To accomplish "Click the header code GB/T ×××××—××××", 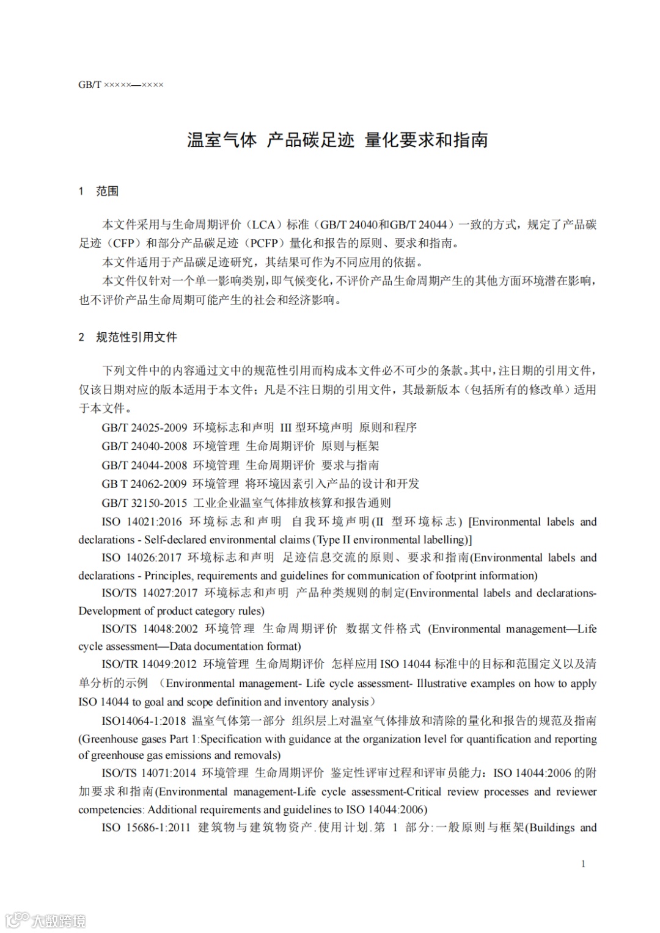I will pos(120,85).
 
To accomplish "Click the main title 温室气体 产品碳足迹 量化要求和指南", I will pos(337,140).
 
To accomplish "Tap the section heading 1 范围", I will pos(98,191).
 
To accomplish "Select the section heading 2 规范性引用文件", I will pos(128,337).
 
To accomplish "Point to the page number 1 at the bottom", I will pos(583,863).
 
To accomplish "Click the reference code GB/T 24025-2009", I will pos(144,427).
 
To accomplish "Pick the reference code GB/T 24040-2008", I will pos(144,446).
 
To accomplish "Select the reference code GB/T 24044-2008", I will pos(144,465).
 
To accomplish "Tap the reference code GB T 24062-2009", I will pos(144,484).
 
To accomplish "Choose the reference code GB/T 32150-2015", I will pos(144,503).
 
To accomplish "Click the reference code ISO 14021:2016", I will pos(142,522).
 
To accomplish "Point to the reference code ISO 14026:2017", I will pos(141,557).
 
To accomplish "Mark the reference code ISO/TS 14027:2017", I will pos(150,593).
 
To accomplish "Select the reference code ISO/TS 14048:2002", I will pos(150,629).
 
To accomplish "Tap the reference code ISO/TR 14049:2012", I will pos(149,664).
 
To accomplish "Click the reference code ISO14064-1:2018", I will pos(144,721).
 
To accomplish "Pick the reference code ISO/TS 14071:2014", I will pos(149,773).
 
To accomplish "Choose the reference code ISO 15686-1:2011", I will pos(147,828).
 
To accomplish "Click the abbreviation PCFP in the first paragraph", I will pos(264,244).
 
